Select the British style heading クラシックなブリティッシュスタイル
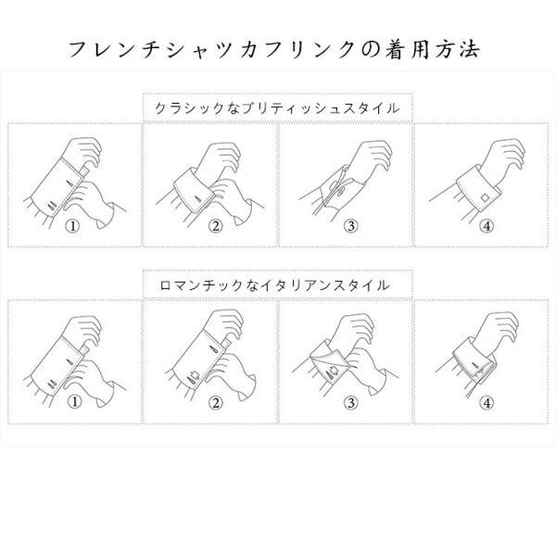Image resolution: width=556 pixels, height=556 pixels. (277, 108)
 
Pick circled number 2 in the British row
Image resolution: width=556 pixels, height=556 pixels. (214, 225)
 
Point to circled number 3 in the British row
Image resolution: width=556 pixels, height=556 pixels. (349, 225)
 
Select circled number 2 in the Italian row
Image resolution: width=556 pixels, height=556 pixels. (214, 403)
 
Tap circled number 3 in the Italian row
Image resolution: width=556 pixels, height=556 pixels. (349, 403)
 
